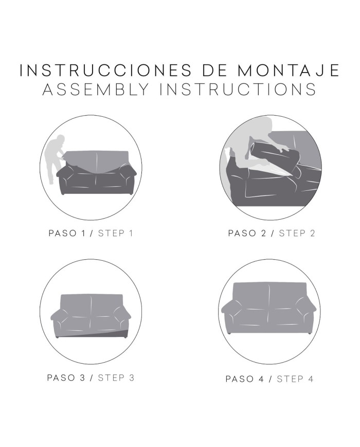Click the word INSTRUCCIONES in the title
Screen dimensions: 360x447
106,70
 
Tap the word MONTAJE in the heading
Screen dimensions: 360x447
288,70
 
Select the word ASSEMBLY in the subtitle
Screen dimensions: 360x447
96,89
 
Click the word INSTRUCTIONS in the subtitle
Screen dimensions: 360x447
238,89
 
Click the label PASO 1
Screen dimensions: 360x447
67,233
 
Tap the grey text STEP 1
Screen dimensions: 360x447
115,233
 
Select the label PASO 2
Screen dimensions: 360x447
247,233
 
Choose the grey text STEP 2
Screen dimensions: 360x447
297,233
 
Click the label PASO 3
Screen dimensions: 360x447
66,378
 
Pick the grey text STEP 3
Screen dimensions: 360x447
116,378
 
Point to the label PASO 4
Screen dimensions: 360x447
245,379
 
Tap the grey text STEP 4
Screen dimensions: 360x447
295,379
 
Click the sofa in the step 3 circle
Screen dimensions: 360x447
91,316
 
